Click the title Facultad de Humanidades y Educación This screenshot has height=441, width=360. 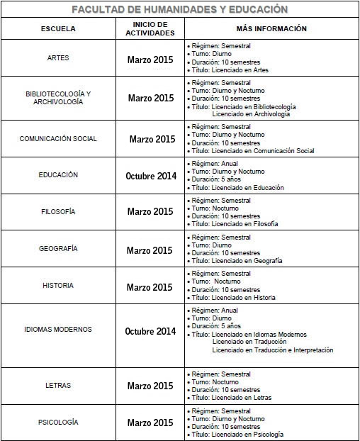[x=180, y=9]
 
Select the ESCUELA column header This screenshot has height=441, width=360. [x=58, y=29]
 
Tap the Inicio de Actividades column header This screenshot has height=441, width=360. [x=150, y=29]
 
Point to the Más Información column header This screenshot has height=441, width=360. [x=271, y=28]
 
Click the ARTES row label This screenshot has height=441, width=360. [x=58, y=58]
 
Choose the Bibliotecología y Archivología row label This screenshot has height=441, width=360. [x=58, y=98]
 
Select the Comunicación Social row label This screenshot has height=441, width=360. [x=58, y=139]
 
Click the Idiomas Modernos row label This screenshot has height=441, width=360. [x=58, y=330]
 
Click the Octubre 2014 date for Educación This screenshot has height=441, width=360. [x=150, y=176]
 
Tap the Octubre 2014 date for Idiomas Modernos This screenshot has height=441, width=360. [x=150, y=331]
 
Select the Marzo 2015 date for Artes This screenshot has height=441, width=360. [x=150, y=60]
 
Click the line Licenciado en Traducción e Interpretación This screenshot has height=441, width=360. [x=272, y=350]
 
